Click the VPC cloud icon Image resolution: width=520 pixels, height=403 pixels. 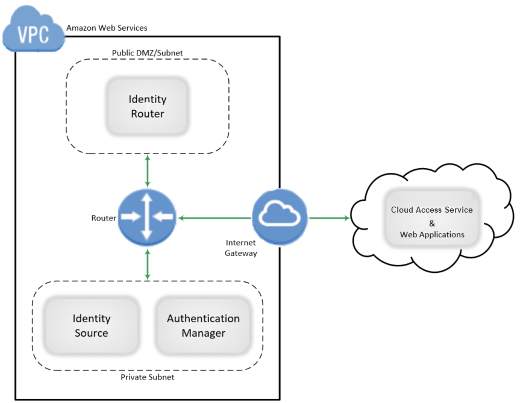(x=33, y=30)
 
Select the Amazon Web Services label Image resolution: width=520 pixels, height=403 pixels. (x=107, y=28)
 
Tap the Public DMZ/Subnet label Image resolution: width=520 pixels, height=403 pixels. (x=147, y=53)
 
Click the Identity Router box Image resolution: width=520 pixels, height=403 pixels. (x=148, y=106)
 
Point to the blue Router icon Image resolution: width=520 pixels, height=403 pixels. (x=147, y=217)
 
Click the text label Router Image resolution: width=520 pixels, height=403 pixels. (x=104, y=218)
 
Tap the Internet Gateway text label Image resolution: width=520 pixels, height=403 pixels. (x=241, y=248)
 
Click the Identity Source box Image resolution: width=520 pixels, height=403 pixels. (x=92, y=325)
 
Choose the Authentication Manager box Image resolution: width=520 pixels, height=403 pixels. (x=203, y=325)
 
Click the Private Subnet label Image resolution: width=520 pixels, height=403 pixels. (x=147, y=377)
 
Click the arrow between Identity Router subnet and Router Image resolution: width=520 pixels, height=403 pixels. (x=147, y=170)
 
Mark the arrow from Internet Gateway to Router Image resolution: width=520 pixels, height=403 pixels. (x=214, y=217)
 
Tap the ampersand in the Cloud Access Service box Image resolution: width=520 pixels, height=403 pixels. (x=432, y=223)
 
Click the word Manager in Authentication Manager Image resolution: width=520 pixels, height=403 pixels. (x=204, y=333)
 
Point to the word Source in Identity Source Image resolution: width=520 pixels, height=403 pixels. (x=92, y=333)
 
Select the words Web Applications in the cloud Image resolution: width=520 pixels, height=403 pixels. (x=432, y=234)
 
